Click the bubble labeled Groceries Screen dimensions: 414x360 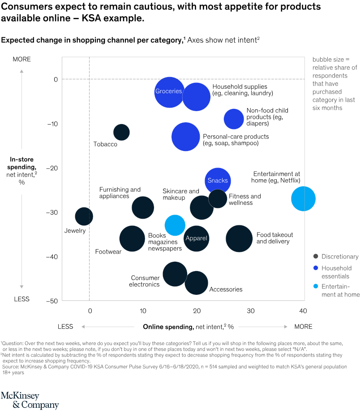coord(169,92)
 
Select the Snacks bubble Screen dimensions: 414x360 coord(218,181)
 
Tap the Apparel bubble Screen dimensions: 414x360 coord(196,238)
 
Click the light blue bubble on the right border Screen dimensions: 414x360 coord(303,198)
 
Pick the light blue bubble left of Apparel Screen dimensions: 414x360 coord(175,225)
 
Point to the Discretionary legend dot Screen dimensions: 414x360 coord(316,257)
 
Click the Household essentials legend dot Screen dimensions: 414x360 coord(316,268)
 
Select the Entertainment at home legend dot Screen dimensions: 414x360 coord(316,287)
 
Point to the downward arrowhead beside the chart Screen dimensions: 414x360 coord(21,286)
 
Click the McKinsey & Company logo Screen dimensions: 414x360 coord(30,400)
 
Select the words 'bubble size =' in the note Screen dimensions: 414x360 coord(330,60)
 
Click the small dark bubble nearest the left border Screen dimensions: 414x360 coord(84,216)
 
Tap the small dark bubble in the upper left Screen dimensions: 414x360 coord(121,132)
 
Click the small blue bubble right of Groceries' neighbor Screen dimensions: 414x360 coord(234,119)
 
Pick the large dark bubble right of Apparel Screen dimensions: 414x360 coord(239,238)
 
